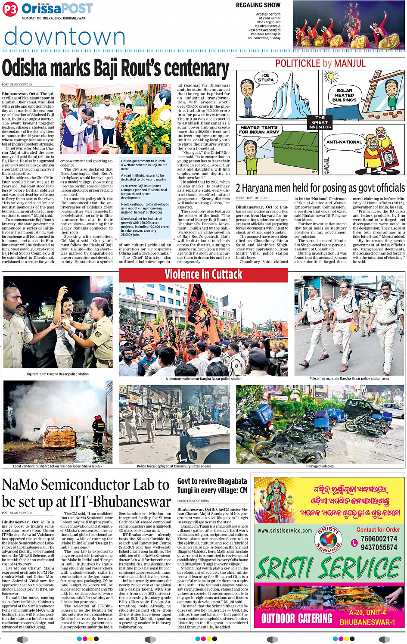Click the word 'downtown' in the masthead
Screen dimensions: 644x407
coord(65,37)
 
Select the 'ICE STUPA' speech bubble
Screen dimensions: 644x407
coord(265,78)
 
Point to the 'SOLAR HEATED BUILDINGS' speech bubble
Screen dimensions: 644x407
coord(345,95)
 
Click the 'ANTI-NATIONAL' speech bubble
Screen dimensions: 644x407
coord(344,142)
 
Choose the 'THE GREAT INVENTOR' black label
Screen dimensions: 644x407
coord(320,122)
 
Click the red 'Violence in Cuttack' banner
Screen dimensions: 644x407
coord(203,275)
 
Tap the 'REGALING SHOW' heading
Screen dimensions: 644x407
coord(258,5)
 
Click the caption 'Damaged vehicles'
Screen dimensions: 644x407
coord(320,466)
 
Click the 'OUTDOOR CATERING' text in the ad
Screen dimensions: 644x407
coord(297,619)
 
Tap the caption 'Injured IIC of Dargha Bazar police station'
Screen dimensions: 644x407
coord(58,374)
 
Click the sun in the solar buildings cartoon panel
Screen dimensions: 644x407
coord(331,77)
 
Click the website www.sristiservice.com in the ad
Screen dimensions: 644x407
coord(285,531)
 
